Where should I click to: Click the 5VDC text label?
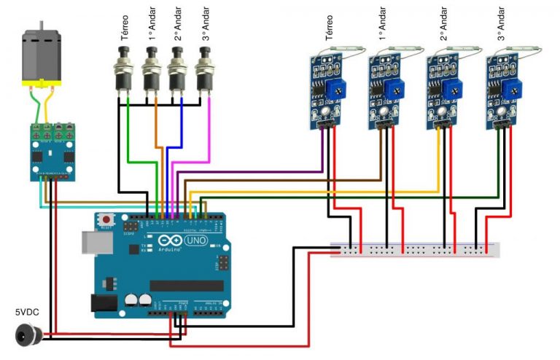tap(28, 312)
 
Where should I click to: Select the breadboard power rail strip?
tap(416, 249)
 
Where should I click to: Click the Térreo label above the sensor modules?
tap(330, 30)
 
